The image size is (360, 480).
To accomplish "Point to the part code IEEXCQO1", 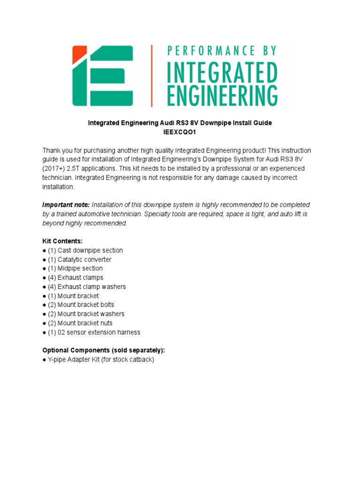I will pyautogui.click(x=180, y=132).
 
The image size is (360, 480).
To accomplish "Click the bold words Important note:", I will pyautogui.click(x=66, y=205).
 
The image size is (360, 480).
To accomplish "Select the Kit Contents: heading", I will pyautogui.click(x=62, y=241).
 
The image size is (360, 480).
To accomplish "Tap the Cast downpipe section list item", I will pyautogui.click(x=85, y=250).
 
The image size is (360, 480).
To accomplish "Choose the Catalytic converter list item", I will pyautogui.click(x=79, y=259).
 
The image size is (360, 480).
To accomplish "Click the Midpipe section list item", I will pyautogui.click(x=75, y=268).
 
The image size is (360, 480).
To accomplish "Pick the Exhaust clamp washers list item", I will pyautogui.click(x=86, y=286).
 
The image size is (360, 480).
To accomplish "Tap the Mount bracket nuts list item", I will pyautogui.click(x=80, y=323).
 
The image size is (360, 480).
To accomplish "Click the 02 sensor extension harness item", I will pyautogui.click(x=94, y=332).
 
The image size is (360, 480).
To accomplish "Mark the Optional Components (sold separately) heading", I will pyautogui.click(x=104, y=350).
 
